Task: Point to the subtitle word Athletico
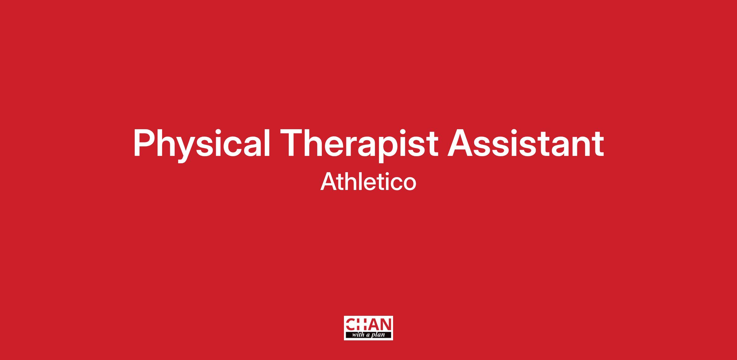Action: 368,181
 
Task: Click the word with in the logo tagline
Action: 358,335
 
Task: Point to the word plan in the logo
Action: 378,335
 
